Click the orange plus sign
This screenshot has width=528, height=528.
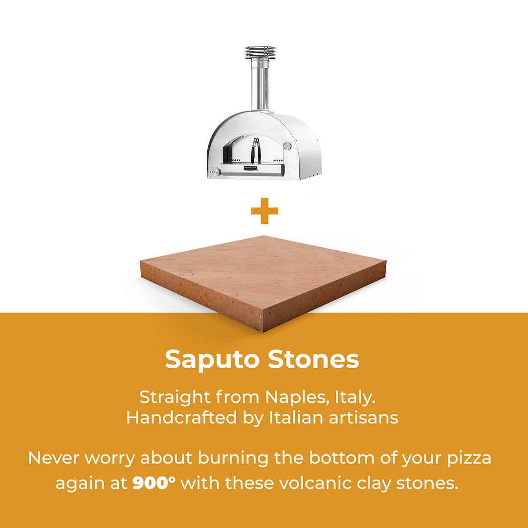[264, 211]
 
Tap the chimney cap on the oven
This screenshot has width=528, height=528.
[260, 52]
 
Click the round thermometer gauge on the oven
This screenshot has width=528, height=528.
[287, 146]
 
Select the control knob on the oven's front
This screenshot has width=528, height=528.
[216, 172]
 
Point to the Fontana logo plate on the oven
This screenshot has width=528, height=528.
[250, 168]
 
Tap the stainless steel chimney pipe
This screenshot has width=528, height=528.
[260, 84]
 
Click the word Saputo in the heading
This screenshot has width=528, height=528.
[212, 360]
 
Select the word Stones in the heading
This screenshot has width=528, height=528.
[313, 359]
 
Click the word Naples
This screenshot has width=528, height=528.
[297, 397]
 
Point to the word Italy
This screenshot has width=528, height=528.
[355, 397]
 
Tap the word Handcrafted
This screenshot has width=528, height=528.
[182, 418]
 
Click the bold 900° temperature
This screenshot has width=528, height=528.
[154, 483]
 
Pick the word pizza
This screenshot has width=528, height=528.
[469, 459]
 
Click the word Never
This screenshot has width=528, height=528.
[54, 458]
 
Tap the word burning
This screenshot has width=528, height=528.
[233, 459]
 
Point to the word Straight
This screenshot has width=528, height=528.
[175, 398]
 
